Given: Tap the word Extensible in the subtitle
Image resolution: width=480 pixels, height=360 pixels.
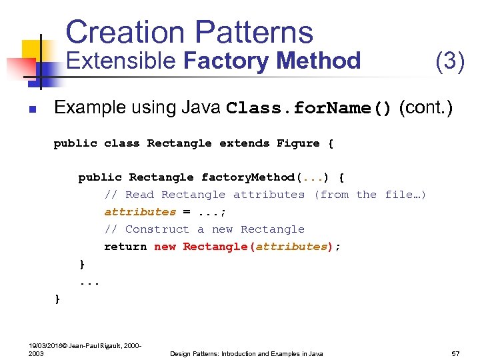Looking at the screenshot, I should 121,61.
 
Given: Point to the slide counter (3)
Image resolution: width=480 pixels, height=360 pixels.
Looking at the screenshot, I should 449,61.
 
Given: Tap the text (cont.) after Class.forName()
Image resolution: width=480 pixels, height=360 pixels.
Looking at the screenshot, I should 426,108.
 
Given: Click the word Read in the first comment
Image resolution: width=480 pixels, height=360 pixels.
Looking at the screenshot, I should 139,195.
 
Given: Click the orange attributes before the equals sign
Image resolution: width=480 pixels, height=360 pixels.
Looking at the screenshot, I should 140,212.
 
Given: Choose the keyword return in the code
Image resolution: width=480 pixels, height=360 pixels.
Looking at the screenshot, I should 125,247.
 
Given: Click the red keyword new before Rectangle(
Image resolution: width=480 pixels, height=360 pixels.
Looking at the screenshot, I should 165,247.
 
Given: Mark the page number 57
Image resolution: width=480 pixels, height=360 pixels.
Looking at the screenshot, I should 457,353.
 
